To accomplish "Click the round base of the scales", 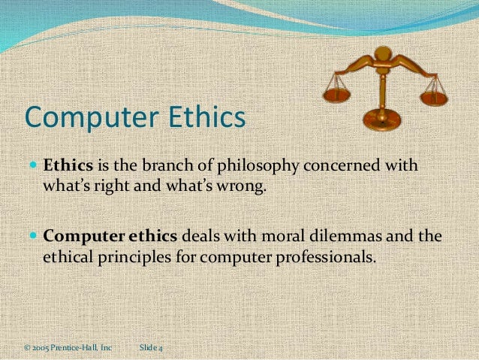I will [x=381, y=120].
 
